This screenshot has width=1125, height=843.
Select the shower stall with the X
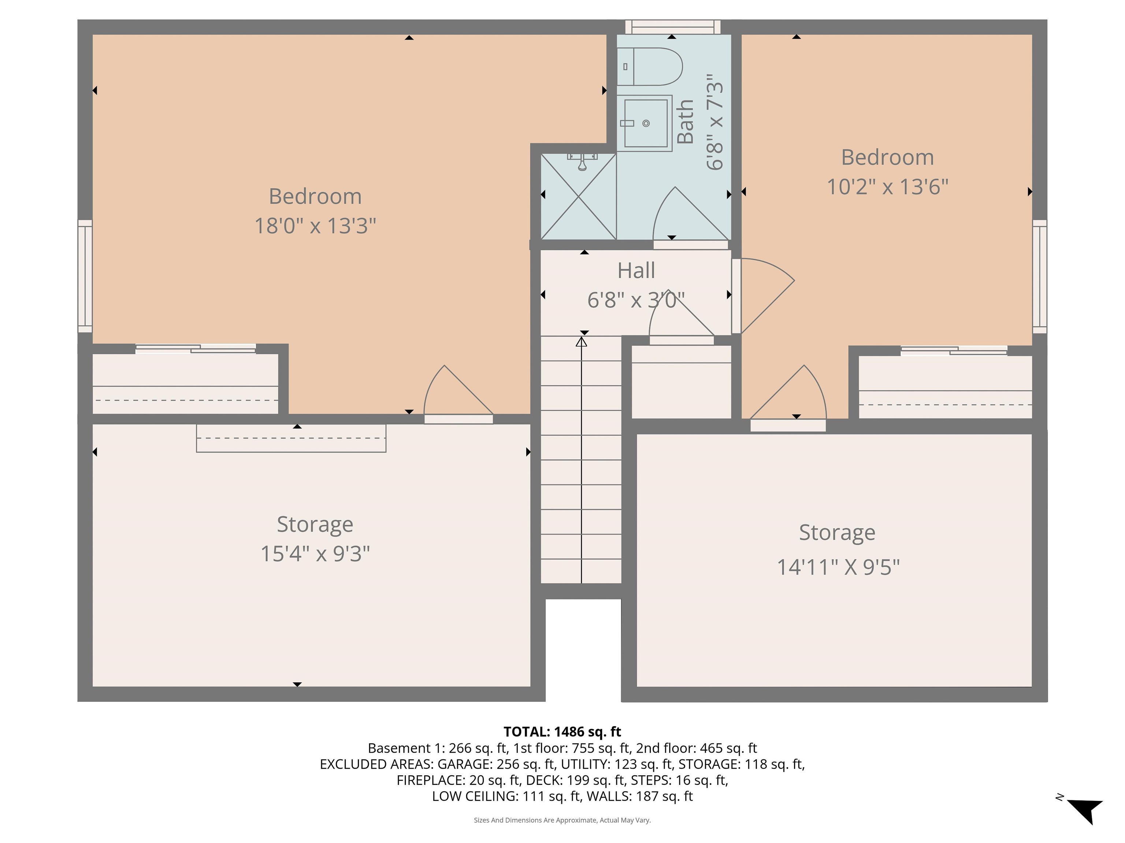579,196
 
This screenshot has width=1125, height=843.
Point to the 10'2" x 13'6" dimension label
887,187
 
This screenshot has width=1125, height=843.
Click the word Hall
636,270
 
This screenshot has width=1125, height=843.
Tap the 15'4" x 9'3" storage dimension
315,553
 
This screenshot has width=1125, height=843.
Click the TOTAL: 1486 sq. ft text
562,732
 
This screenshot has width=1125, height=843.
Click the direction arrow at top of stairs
581,342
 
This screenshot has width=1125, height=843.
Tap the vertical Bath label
686,122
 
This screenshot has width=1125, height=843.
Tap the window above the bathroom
672,26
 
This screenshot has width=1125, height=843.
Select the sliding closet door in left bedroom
196,349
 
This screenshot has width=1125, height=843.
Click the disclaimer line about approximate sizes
562,820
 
